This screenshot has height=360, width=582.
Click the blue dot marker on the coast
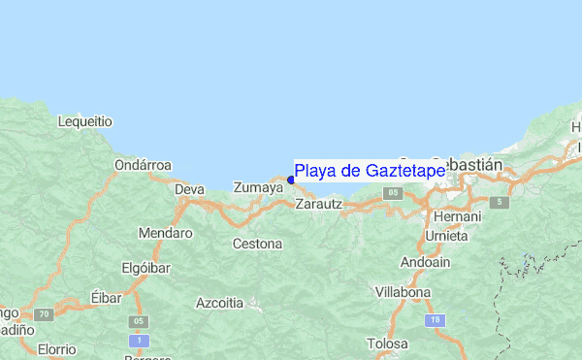tap(291, 180)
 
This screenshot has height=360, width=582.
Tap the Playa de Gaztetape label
tap(370, 171)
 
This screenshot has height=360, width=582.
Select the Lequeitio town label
tap(85, 122)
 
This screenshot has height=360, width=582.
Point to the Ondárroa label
tap(143, 165)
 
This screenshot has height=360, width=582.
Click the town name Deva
tap(189, 189)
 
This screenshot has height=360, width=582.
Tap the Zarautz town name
tap(319, 205)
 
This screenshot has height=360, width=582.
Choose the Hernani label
tap(457, 216)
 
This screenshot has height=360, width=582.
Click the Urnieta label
tap(447, 236)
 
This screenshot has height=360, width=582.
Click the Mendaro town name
tap(165, 234)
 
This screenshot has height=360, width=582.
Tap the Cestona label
tap(257, 244)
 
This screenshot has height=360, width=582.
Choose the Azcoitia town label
tap(219, 303)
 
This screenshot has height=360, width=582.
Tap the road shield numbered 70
tap(42, 315)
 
